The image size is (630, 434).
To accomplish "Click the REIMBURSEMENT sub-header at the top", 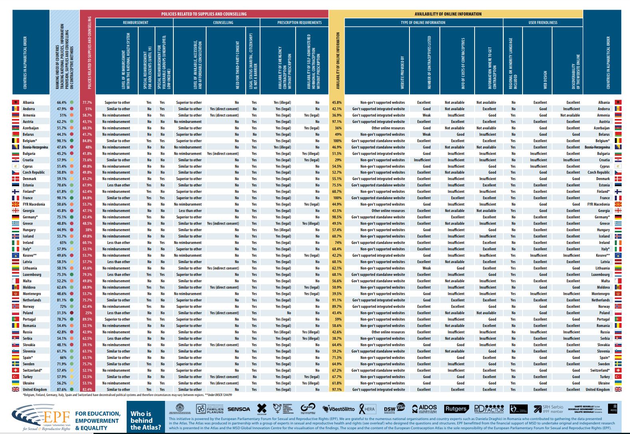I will [135, 23].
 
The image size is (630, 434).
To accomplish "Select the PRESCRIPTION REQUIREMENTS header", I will [299, 23].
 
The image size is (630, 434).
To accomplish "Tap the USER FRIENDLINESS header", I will [543, 23].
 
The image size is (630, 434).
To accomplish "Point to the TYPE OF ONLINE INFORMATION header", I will [423, 23].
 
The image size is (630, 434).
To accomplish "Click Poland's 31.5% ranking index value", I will [61, 313].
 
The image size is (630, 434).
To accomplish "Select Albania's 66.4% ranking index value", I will [61, 103].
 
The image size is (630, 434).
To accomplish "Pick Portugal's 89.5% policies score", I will [87, 319].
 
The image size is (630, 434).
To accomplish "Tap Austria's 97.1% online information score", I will [337, 122].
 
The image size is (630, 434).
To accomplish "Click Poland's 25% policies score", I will [88, 313].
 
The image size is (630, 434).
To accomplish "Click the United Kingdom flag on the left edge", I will [16, 390].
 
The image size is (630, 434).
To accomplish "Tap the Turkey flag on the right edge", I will [618, 377].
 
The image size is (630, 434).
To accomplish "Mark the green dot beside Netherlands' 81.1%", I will [72, 300].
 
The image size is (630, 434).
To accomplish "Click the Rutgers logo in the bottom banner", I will [456, 409].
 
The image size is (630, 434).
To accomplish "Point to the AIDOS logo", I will [425, 408].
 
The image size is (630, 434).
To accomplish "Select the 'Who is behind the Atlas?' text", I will [145, 420].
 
